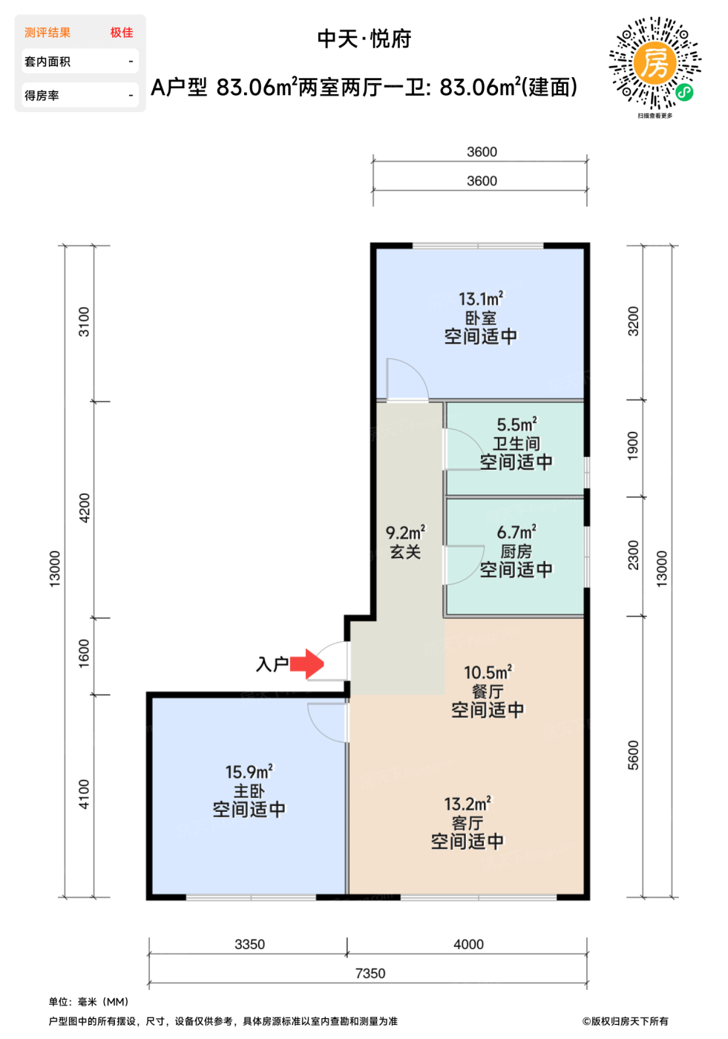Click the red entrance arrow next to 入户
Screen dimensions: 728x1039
306,663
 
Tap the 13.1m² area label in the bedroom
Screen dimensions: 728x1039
481,299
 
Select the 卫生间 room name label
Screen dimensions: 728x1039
516,444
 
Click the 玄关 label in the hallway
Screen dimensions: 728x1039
405,551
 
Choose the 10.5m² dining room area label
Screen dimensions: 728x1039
488,672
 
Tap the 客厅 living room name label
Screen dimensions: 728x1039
468,823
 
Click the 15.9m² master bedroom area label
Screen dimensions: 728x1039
249,772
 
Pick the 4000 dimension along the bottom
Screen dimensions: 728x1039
468,944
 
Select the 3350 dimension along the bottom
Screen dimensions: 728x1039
249,944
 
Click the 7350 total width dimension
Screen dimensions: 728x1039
370,973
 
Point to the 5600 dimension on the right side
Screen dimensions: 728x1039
633,756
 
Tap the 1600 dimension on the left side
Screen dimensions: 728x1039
83,653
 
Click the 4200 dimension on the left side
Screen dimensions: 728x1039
84,508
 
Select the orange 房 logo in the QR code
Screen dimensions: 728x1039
655,62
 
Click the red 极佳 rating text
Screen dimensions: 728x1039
122,33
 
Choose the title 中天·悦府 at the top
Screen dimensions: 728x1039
364,39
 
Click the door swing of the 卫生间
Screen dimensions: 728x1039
465,448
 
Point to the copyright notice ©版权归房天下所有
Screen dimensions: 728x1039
625,1021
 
